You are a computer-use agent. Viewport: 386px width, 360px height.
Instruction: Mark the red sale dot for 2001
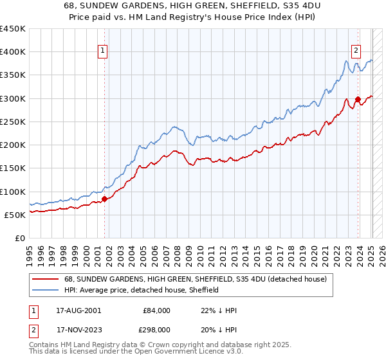105,199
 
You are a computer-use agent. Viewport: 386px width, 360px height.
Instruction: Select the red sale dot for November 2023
358,100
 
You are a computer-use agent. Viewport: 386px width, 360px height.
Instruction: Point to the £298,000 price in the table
156,330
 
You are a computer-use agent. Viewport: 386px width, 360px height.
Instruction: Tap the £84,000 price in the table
156,310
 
